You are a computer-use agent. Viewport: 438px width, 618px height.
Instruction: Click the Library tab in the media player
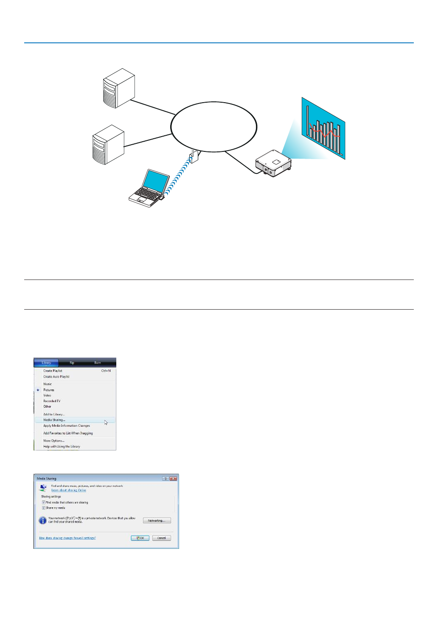[x=46, y=363]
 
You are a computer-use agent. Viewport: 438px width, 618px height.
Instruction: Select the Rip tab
[x=72, y=363]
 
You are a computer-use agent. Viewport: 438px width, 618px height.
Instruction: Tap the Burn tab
[x=98, y=363]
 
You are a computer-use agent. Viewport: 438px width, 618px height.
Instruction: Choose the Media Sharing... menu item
[x=54, y=420]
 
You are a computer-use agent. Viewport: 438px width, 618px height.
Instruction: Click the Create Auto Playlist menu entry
[x=56, y=377]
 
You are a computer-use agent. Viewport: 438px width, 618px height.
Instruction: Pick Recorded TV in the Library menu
[x=52, y=401]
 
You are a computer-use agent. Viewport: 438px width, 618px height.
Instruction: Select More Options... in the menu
[x=54, y=441]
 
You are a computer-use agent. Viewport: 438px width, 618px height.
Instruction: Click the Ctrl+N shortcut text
[x=106, y=371]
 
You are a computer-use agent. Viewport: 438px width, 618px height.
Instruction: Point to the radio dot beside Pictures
[x=38, y=390]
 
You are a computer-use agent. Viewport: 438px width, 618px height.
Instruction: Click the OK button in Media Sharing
[x=140, y=538]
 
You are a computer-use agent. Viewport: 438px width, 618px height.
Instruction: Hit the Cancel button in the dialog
[x=162, y=538]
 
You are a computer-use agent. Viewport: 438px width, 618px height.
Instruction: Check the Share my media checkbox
[x=43, y=508]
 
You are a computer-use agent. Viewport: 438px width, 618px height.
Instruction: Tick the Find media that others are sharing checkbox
[x=43, y=502]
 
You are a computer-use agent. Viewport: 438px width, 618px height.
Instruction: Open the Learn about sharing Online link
[x=69, y=490]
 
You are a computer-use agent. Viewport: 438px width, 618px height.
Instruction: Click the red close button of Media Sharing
[x=173, y=478]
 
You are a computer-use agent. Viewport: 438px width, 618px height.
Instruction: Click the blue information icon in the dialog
[x=43, y=520]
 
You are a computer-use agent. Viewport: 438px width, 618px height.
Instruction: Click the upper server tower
[x=119, y=88]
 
